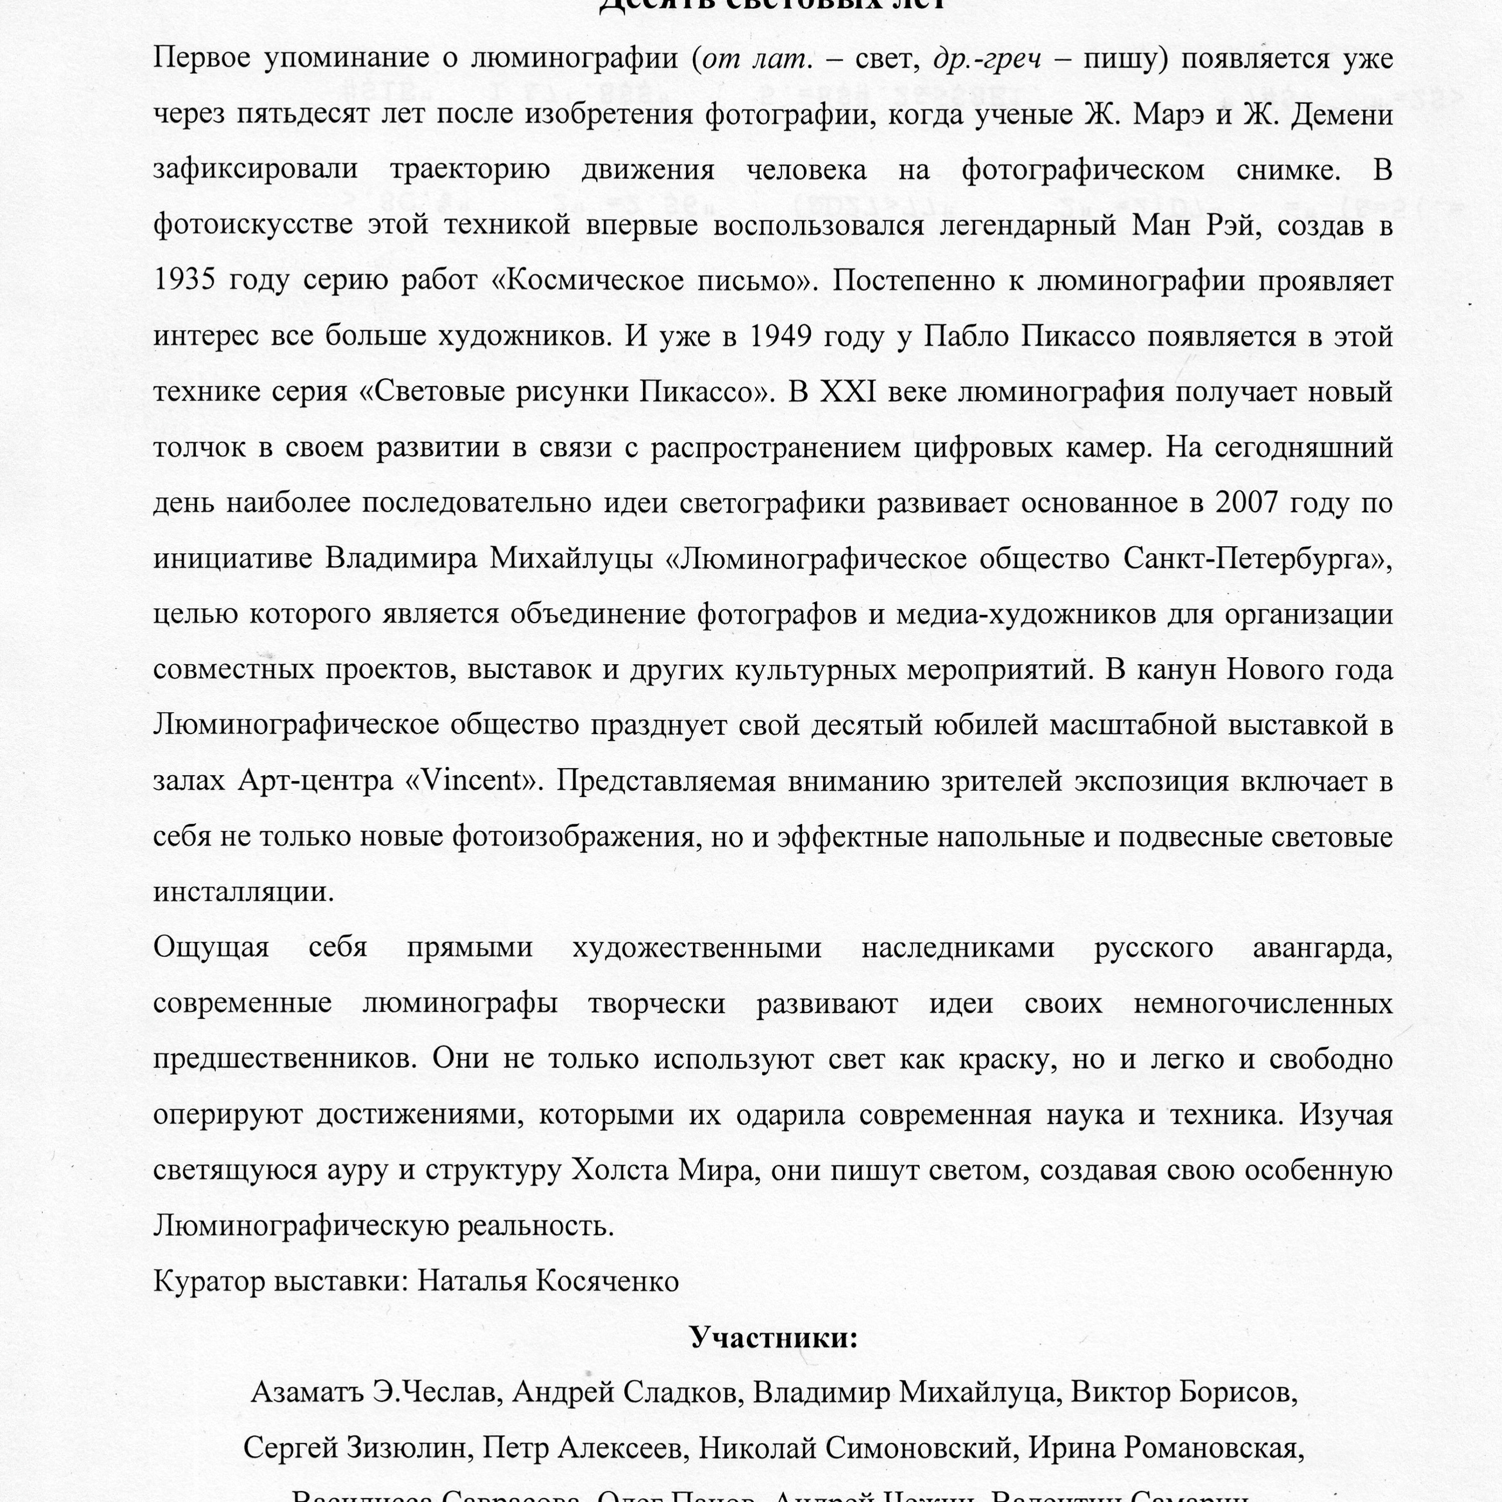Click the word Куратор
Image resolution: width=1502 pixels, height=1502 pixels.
(209, 1282)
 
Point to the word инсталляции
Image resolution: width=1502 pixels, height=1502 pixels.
(242, 892)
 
